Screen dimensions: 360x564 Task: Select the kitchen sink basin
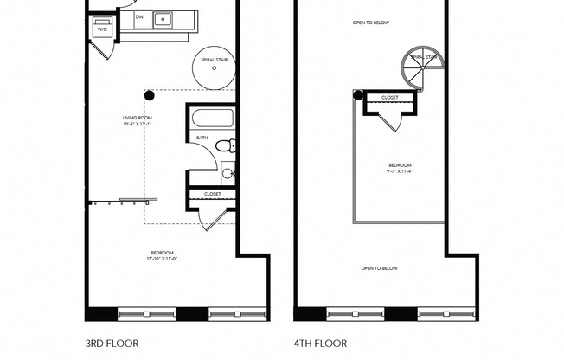[x=162, y=17]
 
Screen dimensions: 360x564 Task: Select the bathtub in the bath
[x=211, y=119]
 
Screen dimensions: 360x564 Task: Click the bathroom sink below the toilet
[x=228, y=173]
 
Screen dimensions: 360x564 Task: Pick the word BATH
[x=202, y=138]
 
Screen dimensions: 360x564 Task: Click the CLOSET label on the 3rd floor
[x=212, y=194]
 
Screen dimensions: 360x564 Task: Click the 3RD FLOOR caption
[x=112, y=342]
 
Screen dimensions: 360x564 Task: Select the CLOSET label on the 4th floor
[x=390, y=98]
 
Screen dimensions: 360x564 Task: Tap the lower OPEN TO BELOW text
[x=380, y=268]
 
